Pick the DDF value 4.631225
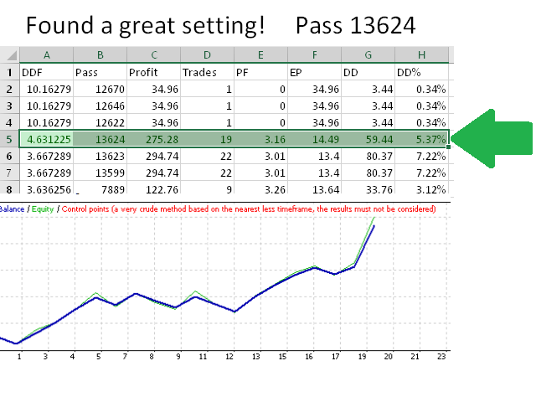(x=48, y=138)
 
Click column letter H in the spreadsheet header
(x=421, y=55)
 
